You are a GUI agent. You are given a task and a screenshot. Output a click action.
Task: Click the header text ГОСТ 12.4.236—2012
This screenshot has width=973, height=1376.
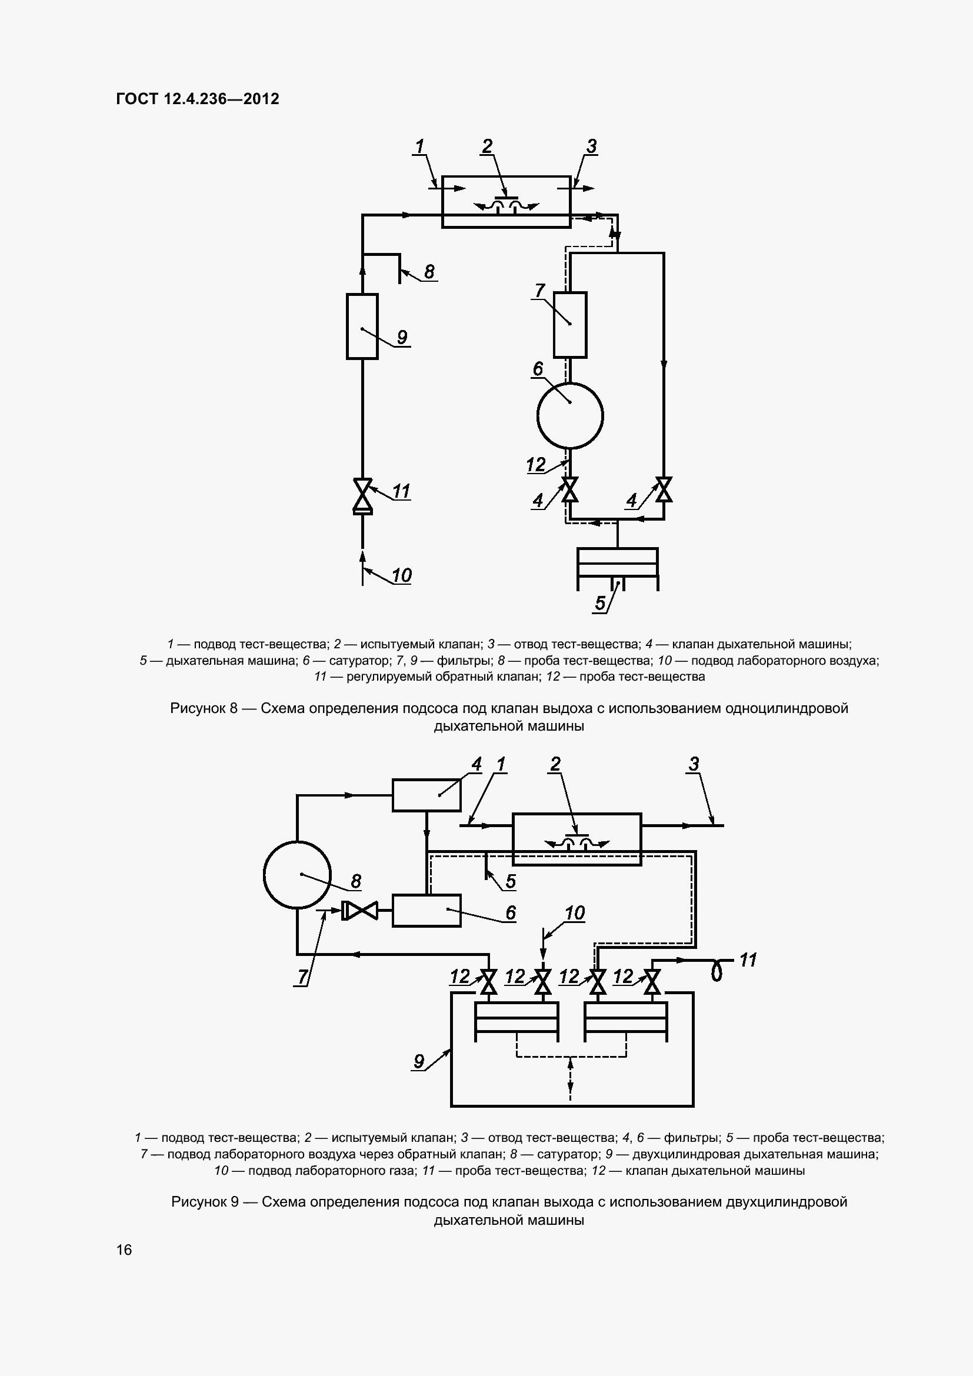pyautogui.click(x=198, y=99)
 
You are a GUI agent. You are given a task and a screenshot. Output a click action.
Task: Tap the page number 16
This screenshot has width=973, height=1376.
pyautogui.click(x=124, y=1250)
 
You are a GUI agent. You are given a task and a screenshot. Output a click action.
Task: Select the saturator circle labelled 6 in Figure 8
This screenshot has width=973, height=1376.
pyautogui.click(x=569, y=415)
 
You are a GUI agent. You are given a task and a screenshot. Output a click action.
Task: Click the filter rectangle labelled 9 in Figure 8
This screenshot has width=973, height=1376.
pyautogui.click(x=362, y=326)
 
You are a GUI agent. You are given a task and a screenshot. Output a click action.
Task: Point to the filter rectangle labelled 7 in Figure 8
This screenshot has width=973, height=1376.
pyautogui.click(x=570, y=325)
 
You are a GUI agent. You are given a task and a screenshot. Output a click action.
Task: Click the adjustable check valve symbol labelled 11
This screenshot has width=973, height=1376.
pyautogui.click(x=362, y=497)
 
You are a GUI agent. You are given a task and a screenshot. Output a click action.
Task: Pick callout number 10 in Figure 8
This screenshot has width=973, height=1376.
pyautogui.click(x=401, y=576)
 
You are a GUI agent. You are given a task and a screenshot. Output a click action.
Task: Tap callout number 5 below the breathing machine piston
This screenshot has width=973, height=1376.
pyautogui.click(x=599, y=603)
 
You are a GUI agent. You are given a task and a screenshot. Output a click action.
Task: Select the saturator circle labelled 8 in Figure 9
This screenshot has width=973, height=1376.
pyautogui.click(x=297, y=875)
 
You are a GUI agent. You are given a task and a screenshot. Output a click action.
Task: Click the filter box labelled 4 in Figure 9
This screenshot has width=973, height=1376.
pyautogui.click(x=426, y=795)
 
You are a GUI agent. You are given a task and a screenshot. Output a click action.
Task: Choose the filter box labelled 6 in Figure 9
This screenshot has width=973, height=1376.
pyautogui.click(x=426, y=910)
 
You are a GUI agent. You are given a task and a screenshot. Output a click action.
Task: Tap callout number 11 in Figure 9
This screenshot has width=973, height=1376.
pyautogui.click(x=748, y=960)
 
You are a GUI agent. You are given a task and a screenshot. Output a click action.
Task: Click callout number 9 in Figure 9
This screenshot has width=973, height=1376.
pyautogui.click(x=419, y=1061)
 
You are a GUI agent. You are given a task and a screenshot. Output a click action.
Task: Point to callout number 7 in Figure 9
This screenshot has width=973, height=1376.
pyautogui.click(x=302, y=977)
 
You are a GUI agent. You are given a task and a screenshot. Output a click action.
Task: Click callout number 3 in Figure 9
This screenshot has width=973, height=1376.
pyautogui.click(x=694, y=764)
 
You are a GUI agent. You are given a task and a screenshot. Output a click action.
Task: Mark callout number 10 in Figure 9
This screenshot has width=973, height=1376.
pyautogui.click(x=575, y=914)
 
